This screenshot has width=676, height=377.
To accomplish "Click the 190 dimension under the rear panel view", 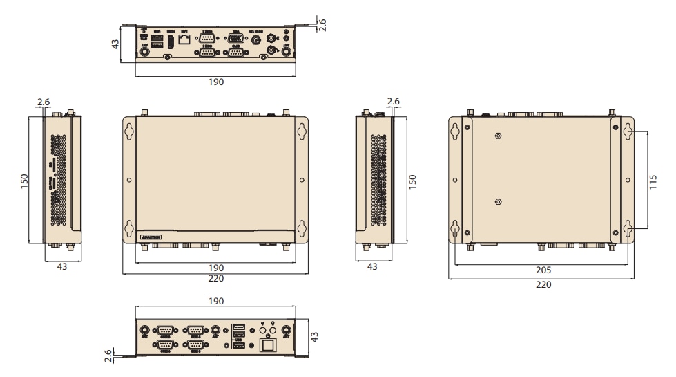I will tap(216, 82).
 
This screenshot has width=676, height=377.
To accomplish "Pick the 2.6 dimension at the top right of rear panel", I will tap(322, 23).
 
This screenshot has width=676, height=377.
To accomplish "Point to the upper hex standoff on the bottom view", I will tap(499, 136).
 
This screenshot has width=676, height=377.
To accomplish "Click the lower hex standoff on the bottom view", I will tap(499, 201).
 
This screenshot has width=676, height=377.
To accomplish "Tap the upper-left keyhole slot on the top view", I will tap(128, 131).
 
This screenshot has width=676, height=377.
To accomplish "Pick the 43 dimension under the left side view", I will tap(62, 267).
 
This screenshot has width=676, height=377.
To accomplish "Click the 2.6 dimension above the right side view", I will tap(394, 102).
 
